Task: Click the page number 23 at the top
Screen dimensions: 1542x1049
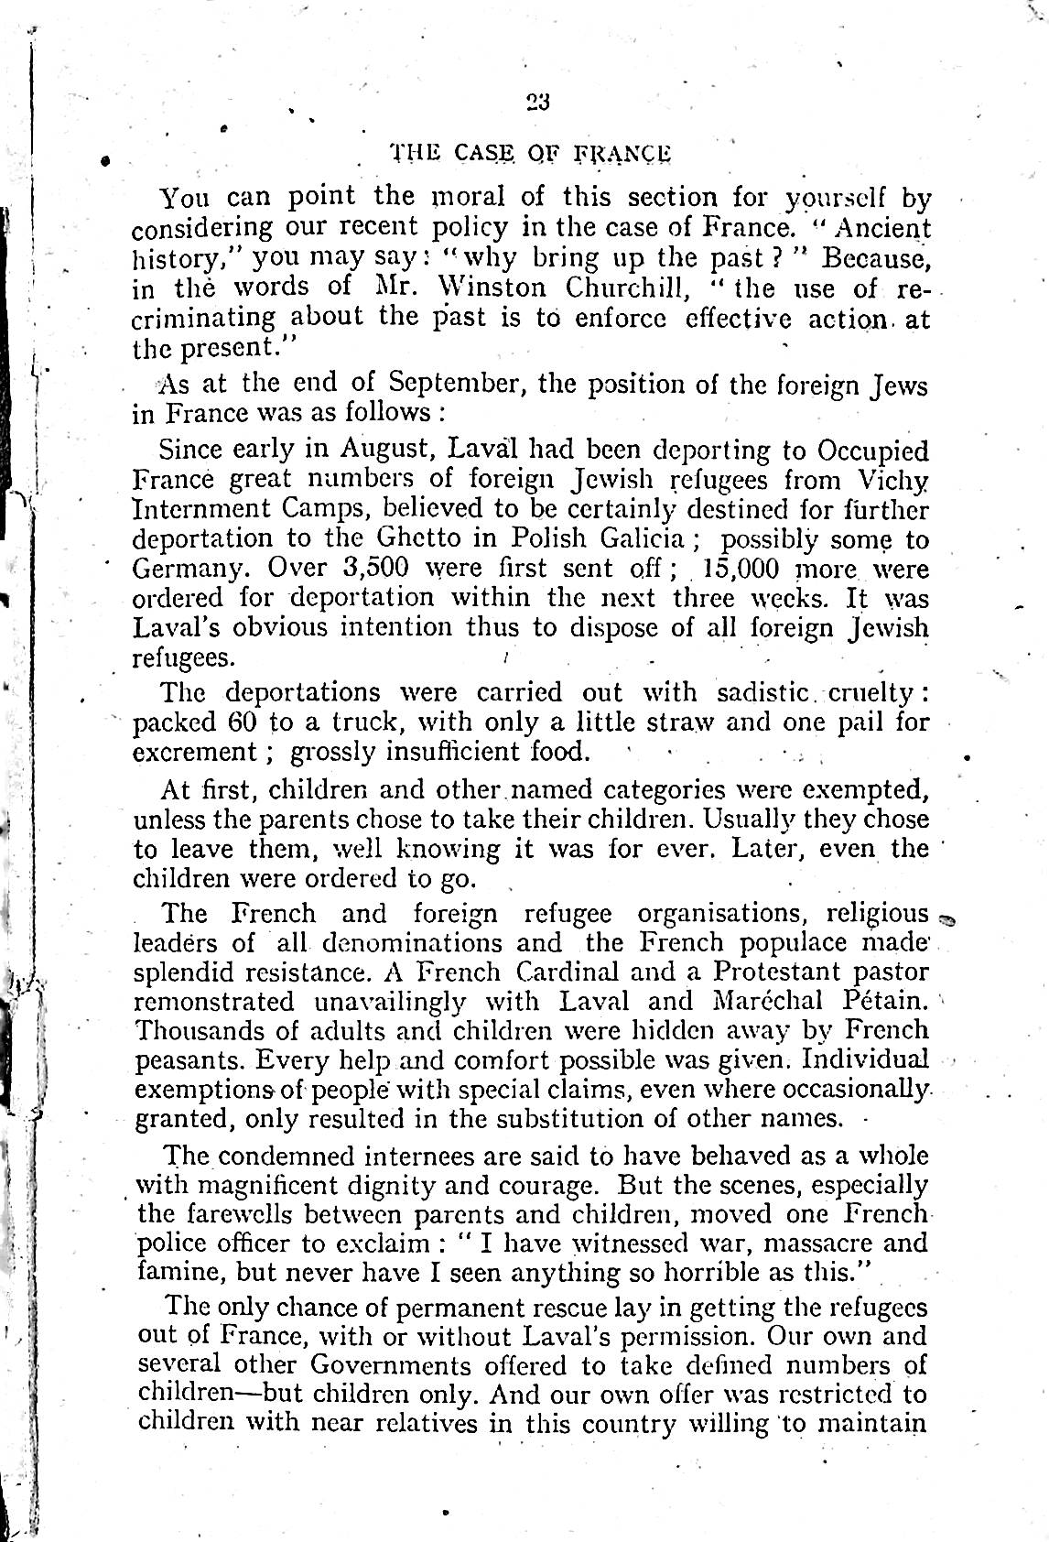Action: pyautogui.click(x=537, y=102)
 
